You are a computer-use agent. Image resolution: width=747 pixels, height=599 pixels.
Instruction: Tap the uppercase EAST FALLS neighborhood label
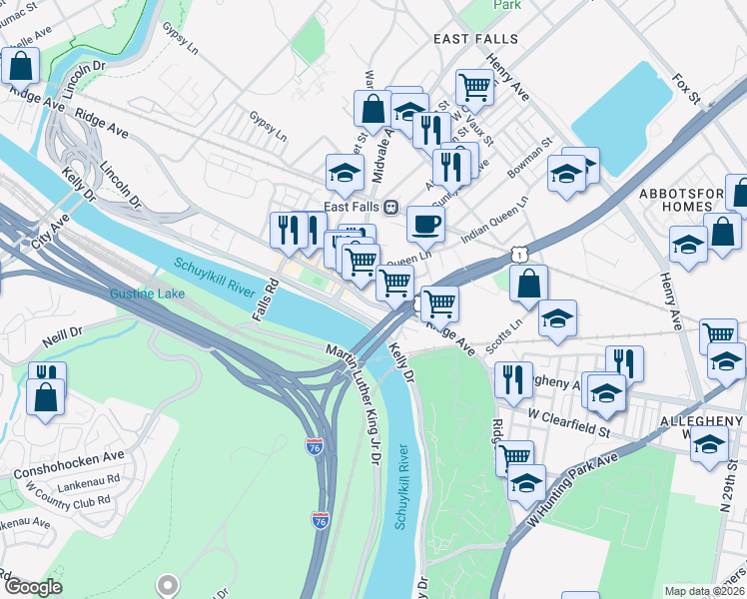[475, 38]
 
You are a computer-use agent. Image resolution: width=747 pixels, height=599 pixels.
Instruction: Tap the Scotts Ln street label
[503, 336]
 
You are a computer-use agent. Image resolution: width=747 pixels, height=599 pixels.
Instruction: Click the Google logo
[32, 587]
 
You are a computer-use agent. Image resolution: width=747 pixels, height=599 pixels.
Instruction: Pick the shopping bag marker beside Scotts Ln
[529, 284]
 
